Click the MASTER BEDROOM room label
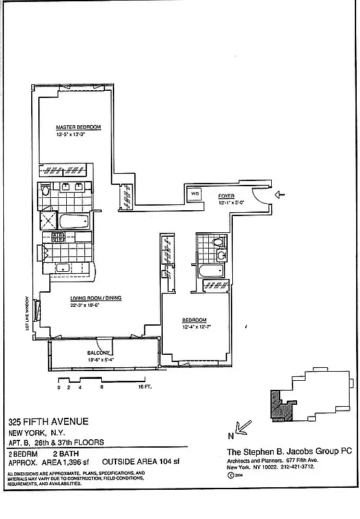click(x=78, y=128)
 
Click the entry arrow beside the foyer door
click(x=280, y=194)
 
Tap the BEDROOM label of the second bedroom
click(x=194, y=320)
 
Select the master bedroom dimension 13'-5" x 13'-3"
click(x=78, y=134)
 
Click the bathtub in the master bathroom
click(x=71, y=221)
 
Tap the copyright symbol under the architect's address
click(x=231, y=475)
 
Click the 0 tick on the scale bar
click(x=59, y=387)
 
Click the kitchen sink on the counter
click(x=63, y=268)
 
